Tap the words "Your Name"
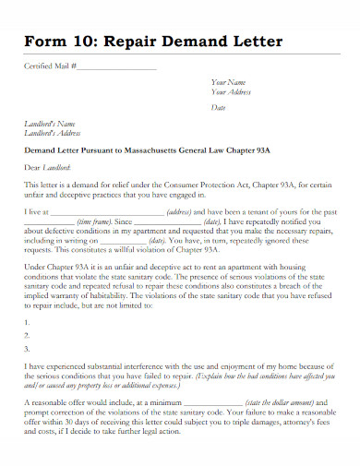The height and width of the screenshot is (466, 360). [x=229, y=83]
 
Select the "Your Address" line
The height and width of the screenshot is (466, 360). [x=232, y=92]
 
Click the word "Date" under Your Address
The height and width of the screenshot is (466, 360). [x=219, y=108]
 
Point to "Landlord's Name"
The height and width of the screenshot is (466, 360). [x=49, y=124]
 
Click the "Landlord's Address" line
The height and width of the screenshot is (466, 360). [x=53, y=133]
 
